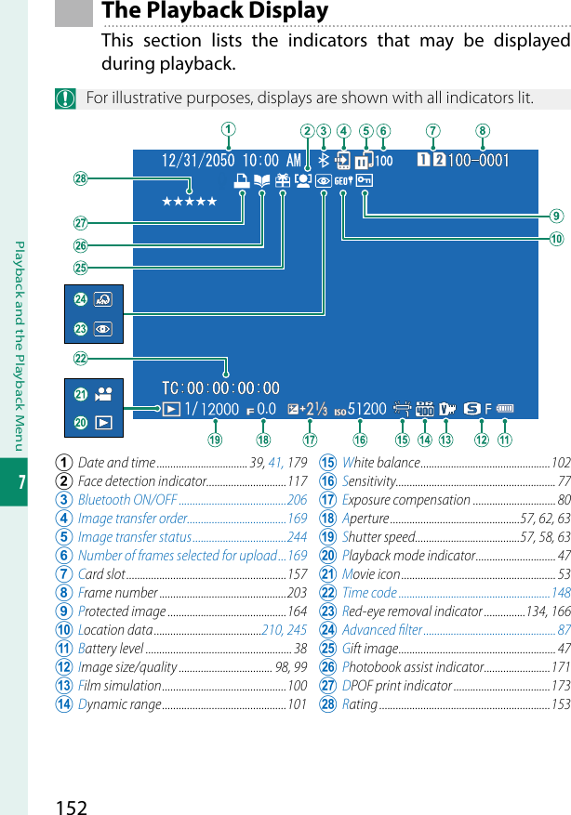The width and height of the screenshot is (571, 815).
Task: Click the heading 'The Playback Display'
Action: coord(215,11)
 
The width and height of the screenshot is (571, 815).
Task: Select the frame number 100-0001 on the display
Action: coord(479,161)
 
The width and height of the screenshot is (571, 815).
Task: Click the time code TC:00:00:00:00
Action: coord(220,388)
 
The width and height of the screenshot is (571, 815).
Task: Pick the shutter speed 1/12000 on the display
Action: coord(211,409)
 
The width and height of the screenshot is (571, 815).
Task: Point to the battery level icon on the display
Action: coord(506,408)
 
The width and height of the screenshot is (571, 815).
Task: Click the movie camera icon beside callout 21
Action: coord(104,394)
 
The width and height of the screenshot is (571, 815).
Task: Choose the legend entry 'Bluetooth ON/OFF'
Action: coord(127,500)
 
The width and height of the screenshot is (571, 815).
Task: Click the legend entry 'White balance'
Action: coord(380,463)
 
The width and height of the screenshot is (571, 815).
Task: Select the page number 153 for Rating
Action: coord(561,704)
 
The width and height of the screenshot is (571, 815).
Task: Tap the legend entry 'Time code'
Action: coord(369,593)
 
